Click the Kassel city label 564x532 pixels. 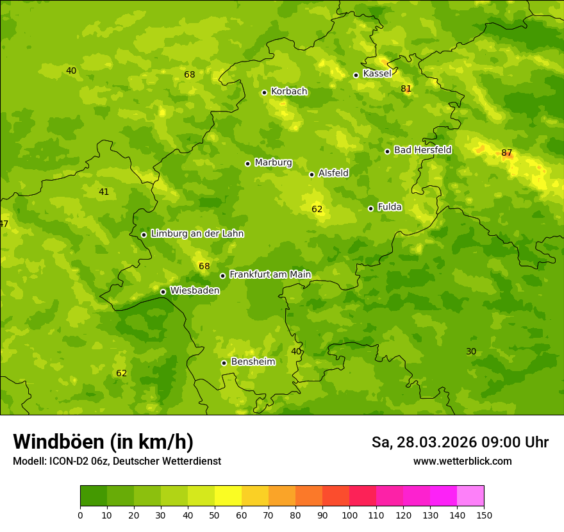(377, 74)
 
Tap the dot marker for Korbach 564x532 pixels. (264, 92)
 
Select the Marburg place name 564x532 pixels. (273, 163)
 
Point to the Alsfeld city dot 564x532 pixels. (311, 174)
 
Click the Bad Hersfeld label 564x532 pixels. (422, 150)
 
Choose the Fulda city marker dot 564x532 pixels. (370, 208)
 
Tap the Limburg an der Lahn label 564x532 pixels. (197, 234)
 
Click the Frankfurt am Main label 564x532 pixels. (270, 275)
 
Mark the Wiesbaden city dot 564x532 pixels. (163, 292)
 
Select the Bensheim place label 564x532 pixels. (253, 362)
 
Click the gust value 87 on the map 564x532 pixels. (507, 153)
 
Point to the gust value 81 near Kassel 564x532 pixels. (406, 88)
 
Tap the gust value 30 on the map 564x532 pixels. (471, 351)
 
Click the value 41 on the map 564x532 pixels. (104, 192)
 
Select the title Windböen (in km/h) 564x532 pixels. (103, 442)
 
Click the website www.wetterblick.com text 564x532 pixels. (462, 461)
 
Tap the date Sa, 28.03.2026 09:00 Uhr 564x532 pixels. (460, 442)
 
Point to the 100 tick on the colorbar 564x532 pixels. (349, 515)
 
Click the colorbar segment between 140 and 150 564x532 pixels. (470, 496)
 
